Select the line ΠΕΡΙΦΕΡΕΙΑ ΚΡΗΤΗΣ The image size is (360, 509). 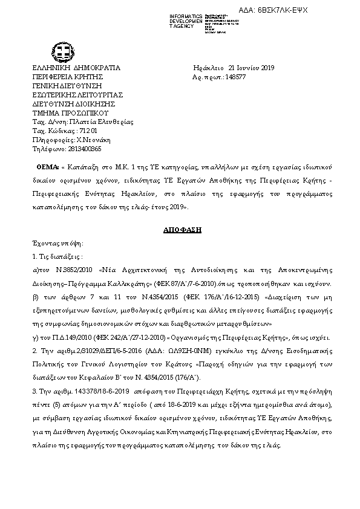pos(68,77)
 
